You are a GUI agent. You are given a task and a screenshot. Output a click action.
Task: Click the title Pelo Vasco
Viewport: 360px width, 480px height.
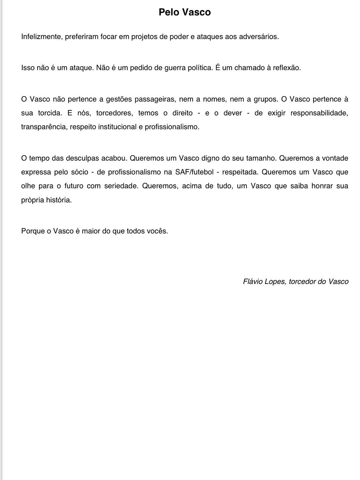[185, 12]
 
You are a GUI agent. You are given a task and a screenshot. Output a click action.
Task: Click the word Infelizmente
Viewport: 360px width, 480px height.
[41, 37]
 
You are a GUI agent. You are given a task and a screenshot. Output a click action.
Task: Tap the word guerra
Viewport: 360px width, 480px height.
[175, 68]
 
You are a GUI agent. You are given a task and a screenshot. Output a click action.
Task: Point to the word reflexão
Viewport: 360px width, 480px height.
[287, 68]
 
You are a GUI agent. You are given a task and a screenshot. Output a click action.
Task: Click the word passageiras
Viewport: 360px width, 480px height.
[154, 99]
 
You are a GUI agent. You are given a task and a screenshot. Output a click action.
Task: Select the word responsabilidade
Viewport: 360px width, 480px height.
[319, 113]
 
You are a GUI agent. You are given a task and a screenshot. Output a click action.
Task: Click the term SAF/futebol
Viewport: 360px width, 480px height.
[194, 172]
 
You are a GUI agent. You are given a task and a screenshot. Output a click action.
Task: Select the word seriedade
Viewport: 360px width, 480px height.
[121, 186]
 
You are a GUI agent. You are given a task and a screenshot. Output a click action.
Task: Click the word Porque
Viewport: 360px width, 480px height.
[33, 231]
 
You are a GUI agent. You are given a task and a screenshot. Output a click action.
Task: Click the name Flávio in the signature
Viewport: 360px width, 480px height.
[253, 282]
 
